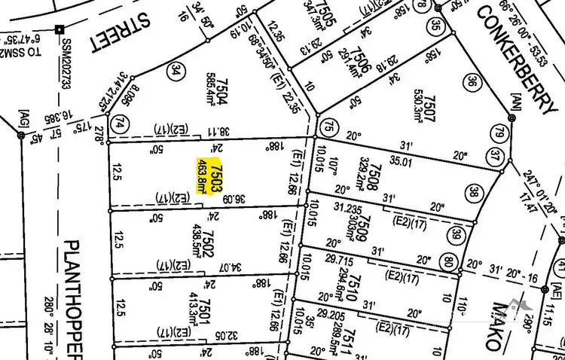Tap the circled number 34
pos(176,72)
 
